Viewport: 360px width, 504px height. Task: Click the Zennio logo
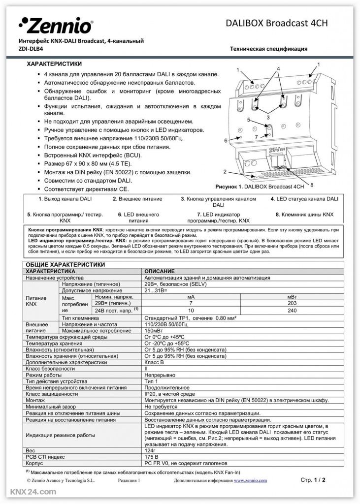[x=56, y=25]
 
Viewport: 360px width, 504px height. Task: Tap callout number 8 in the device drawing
[x=312, y=185]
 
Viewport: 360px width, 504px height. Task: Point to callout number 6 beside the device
[x=226, y=141]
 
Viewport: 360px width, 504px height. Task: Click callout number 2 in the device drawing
[x=224, y=172]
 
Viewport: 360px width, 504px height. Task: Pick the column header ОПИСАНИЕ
[x=159, y=271]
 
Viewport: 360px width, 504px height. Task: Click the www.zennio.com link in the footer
[x=250, y=480]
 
